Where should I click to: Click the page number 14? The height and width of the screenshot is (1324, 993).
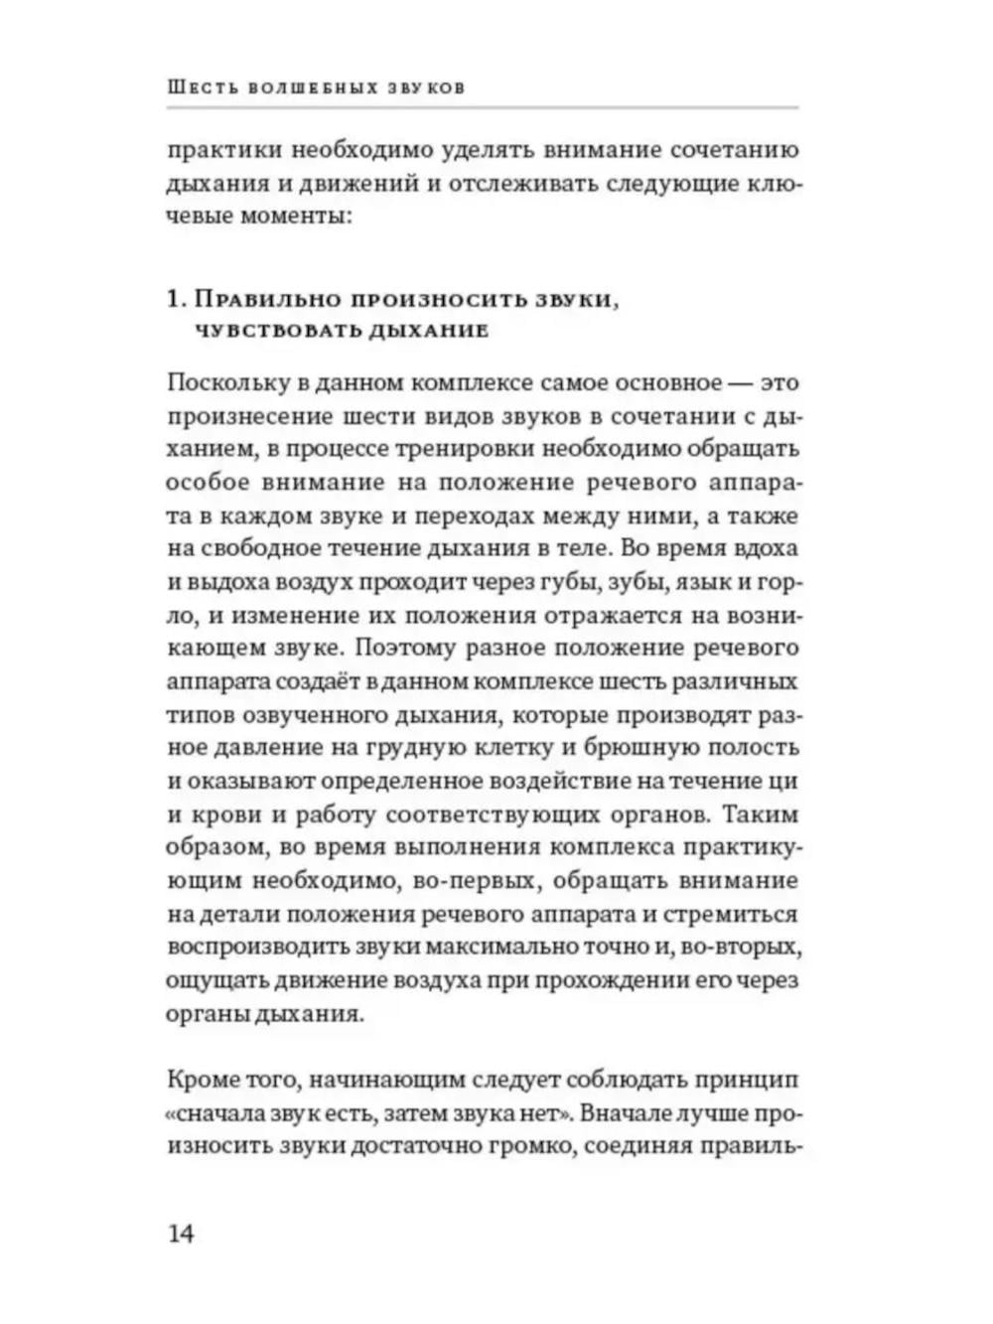pyautogui.click(x=181, y=1234)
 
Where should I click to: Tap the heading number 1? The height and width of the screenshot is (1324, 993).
pyautogui.click(x=175, y=299)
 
